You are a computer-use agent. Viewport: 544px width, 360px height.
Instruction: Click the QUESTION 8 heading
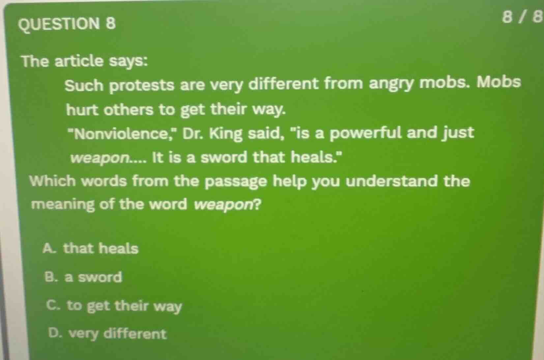68,24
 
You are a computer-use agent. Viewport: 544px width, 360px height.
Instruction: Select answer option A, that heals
91,248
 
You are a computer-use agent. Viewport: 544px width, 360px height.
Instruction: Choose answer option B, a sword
83,277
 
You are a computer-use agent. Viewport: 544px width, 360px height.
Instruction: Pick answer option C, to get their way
114,306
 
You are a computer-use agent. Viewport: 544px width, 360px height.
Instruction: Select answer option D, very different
107,334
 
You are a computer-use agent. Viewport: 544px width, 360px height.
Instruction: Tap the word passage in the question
236,182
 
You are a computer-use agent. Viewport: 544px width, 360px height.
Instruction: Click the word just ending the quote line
458,133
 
